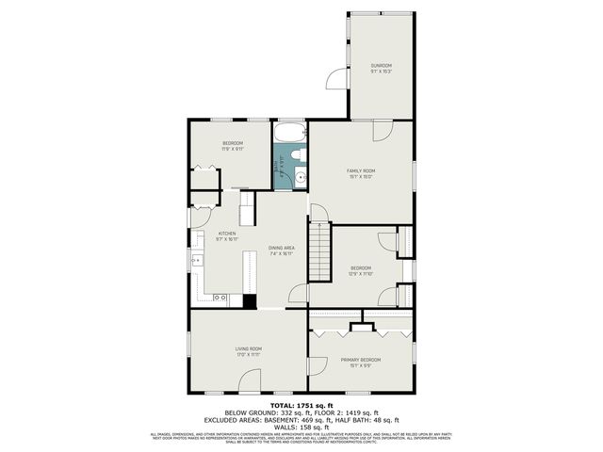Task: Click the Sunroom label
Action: pos(381,64)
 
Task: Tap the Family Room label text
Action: pos(361,169)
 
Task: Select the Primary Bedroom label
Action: pos(361,360)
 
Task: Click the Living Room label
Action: pos(249,349)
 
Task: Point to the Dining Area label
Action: pos(281,248)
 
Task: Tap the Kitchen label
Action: pos(227,234)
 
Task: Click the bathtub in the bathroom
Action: pos(290,131)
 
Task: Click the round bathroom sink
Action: pos(300,177)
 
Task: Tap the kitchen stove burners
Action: pos(219,298)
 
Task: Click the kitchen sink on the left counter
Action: pos(198,261)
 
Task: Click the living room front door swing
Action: pos(249,381)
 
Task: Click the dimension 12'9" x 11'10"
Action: pos(361,274)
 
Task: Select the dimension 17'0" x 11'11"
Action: pos(249,355)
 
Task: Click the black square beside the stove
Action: pos(250,301)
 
